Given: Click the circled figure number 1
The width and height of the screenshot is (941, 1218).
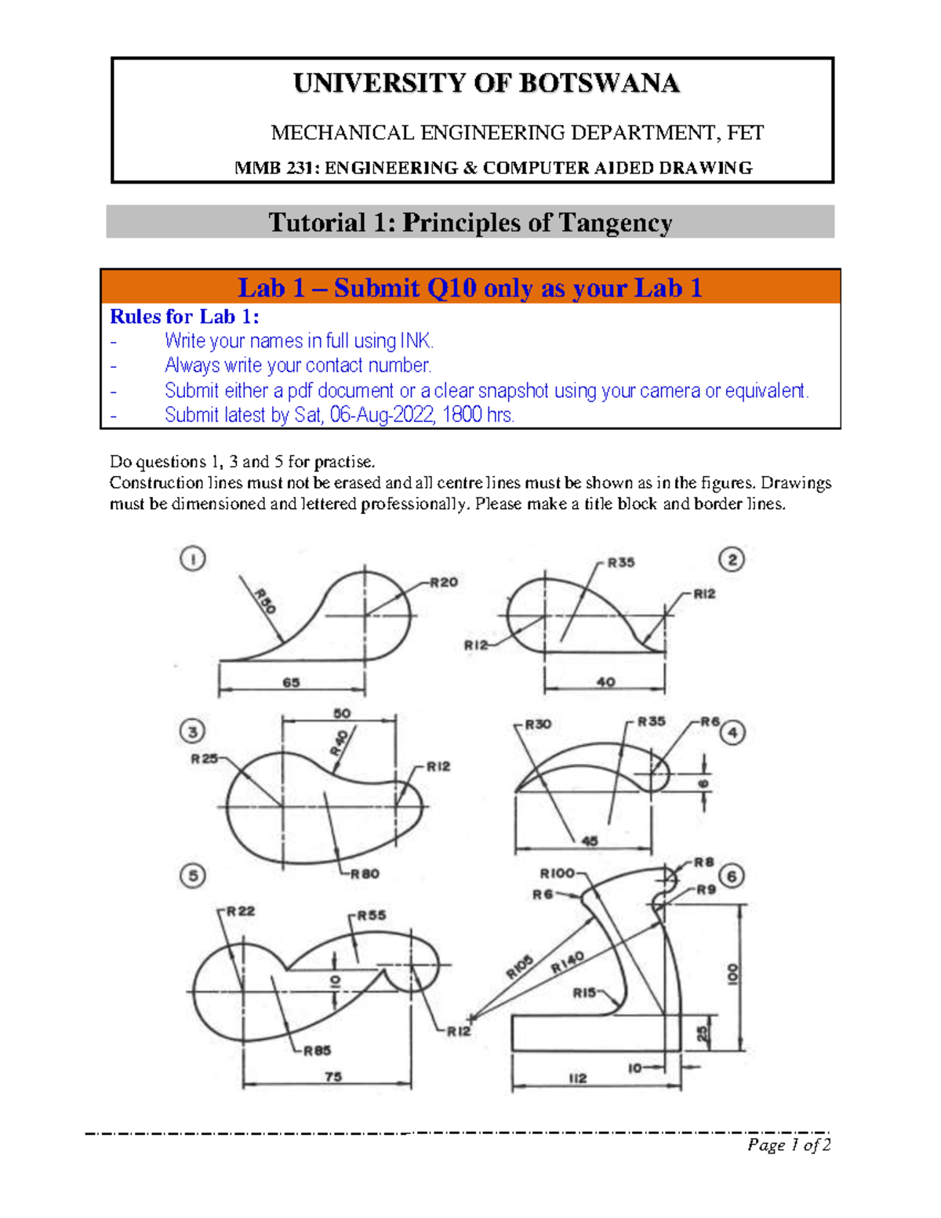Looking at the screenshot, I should (193, 559).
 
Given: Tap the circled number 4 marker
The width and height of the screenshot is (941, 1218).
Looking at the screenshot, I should (732, 733).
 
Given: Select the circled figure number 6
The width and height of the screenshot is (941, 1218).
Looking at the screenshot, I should (732, 876).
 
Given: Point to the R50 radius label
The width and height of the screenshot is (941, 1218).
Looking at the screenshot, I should (264, 602).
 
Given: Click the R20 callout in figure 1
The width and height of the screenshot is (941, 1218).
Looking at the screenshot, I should (443, 582).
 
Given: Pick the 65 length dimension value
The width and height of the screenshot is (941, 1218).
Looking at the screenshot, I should (291, 682).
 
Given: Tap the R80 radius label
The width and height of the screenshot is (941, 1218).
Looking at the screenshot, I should (365, 874).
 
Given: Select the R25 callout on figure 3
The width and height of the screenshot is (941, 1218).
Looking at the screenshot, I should (205, 758).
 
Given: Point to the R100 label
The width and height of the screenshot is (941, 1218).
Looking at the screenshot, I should (558, 874).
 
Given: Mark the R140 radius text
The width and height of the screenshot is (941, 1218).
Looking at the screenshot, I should (567, 962).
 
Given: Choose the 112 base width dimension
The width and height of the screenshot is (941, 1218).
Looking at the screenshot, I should (577, 1078).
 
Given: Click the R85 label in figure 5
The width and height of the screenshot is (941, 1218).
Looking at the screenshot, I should (317, 1051).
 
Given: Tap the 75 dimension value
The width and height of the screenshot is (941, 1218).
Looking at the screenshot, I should (333, 1077).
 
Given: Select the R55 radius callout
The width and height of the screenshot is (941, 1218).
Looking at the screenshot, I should (372, 915).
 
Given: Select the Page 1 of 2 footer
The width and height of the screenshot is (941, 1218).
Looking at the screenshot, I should (788, 1145).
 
